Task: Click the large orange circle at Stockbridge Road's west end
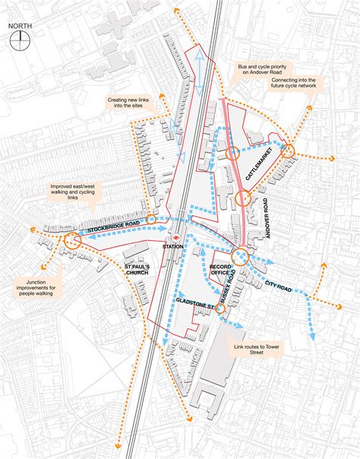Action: tap(72, 242)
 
